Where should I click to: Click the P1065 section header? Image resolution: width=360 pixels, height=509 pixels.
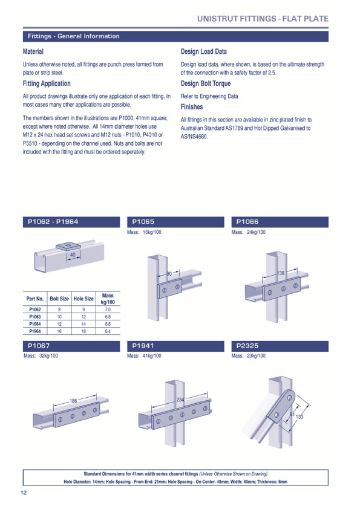[x=143, y=222]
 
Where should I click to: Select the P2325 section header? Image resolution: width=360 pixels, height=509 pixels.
[x=247, y=346]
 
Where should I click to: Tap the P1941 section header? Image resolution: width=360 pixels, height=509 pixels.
[x=143, y=346]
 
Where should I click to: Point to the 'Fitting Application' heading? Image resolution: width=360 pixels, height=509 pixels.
[x=47, y=83]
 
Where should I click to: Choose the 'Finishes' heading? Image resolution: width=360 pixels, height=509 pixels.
[x=192, y=107]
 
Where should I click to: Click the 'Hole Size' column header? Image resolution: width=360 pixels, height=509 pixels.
[x=83, y=299]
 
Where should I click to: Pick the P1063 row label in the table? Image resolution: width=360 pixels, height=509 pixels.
[x=35, y=316]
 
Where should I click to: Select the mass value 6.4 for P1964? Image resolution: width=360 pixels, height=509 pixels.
[x=108, y=331]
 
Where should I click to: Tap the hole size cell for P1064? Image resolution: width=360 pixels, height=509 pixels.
[x=83, y=324]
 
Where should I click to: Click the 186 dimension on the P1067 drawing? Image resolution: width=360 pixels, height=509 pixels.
[x=73, y=401]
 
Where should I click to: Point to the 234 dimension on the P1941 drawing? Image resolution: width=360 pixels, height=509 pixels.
[x=180, y=401]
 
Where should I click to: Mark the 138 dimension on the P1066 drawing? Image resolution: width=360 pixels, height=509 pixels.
[x=280, y=274]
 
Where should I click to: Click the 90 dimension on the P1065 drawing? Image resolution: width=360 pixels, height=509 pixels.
[x=169, y=274]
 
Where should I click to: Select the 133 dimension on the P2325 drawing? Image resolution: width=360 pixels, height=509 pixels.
[x=299, y=417]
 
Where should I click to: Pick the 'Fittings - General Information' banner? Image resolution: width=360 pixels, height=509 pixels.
[x=73, y=36]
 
